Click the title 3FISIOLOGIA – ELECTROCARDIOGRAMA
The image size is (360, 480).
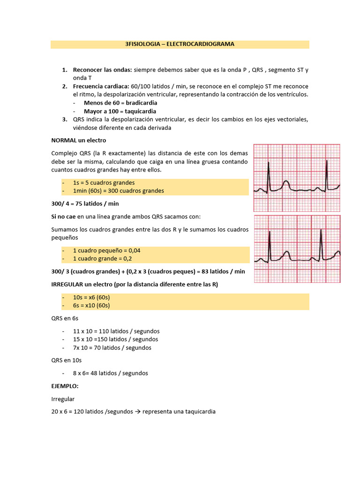pyautogui.click(x=180, y=44)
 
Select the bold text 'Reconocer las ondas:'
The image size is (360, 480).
pyautogui.click(x=103, y=70)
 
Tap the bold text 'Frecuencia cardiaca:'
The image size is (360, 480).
pyautogui.click(x=102, y=87)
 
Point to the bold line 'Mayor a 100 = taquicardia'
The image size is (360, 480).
pyautogui.click(x=120, y=111)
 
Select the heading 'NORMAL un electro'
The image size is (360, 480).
pyautogui.click(x=79, y=140)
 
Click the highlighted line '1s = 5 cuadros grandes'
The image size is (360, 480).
pyautogui.click(x=104, y=182)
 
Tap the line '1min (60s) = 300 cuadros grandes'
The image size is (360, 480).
pyautogui.click(x=118, y=191)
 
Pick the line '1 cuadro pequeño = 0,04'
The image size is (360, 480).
pyautogui.click(x=106, y=250)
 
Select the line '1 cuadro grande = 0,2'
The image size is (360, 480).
pyautogui.click(x=103, y=259)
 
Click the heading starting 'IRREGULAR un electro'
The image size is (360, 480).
pyautogui.click(x=135, y=285)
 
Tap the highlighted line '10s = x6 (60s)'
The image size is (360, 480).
pyautogui.click(x=91, y=298)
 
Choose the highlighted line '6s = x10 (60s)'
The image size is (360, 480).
pyautogui.click(x=91, y=306)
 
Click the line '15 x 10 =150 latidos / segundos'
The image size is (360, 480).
pyautogui.click(x=115, y=339)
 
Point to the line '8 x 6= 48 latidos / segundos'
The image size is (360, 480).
pyautogui.click(x=110, y=373)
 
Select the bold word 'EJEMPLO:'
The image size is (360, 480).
pyautogui.click(x=65, y=386)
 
